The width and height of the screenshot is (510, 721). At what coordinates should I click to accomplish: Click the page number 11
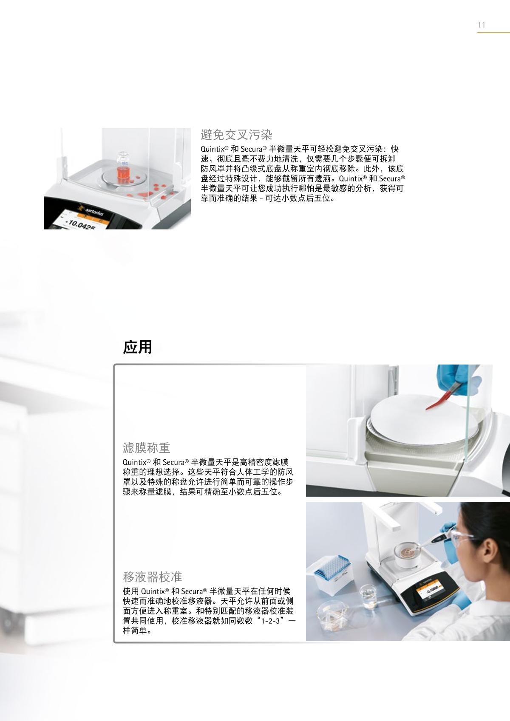[482, 25]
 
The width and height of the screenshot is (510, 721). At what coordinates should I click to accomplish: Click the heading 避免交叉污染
[237, 135]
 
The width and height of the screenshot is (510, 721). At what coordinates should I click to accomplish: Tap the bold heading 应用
[137, 347]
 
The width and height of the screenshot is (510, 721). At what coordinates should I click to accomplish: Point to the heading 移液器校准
[153, 577]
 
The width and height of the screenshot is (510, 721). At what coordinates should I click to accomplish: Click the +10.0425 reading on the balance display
[79, 224]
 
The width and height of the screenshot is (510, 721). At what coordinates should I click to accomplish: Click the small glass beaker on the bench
[370, 597]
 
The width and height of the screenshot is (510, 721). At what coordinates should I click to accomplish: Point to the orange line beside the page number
[493, 32]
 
